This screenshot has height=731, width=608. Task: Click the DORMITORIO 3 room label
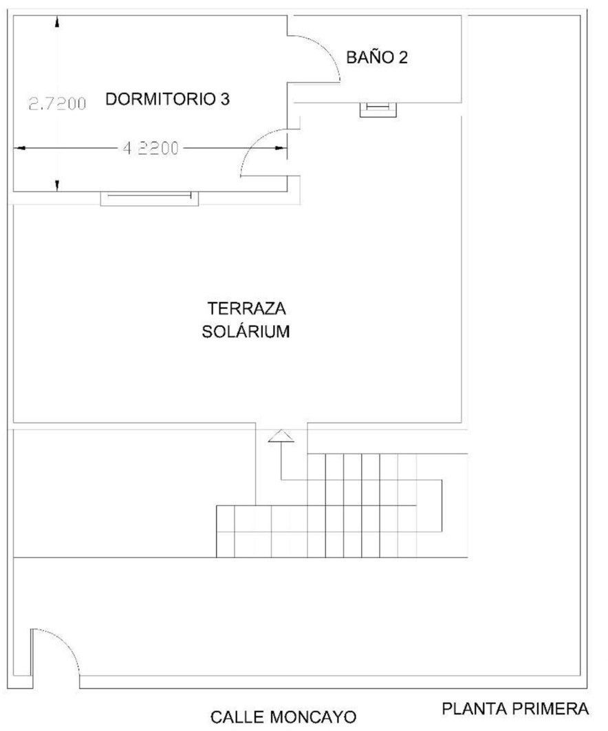(168, 99)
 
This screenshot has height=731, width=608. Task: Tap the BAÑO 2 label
(377, 57)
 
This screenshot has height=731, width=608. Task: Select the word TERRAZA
(246, 308)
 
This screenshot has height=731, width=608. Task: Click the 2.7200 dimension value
(58, 103)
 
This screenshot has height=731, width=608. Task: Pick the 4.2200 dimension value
(151, 148)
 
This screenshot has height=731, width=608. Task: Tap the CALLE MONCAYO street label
(283, 717)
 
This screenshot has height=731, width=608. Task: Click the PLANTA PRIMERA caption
(515, 709)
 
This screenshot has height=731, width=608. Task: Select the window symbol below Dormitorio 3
(149, 198)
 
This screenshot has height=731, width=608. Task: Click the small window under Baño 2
(378, 109)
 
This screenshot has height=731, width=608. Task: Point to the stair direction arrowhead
(281, 436)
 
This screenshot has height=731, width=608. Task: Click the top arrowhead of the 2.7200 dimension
(57, 23)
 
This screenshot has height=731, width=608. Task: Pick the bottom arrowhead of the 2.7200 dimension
(57, 185)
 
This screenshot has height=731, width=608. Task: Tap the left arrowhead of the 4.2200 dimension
(19, 148)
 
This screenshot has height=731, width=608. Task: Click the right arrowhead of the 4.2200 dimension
(281, 148)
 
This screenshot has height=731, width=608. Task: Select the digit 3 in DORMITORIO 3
(225, 99)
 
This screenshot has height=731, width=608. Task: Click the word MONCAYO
(313, 717)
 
